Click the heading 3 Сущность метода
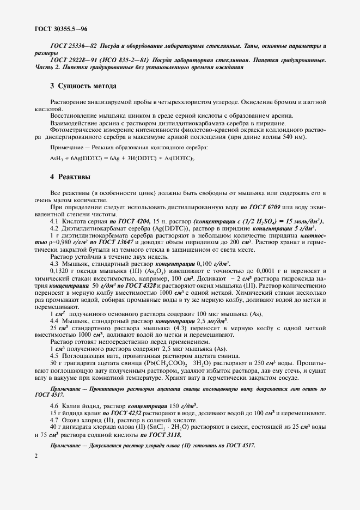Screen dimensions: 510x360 [83, 86]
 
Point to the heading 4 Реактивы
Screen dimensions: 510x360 [70, 178]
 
